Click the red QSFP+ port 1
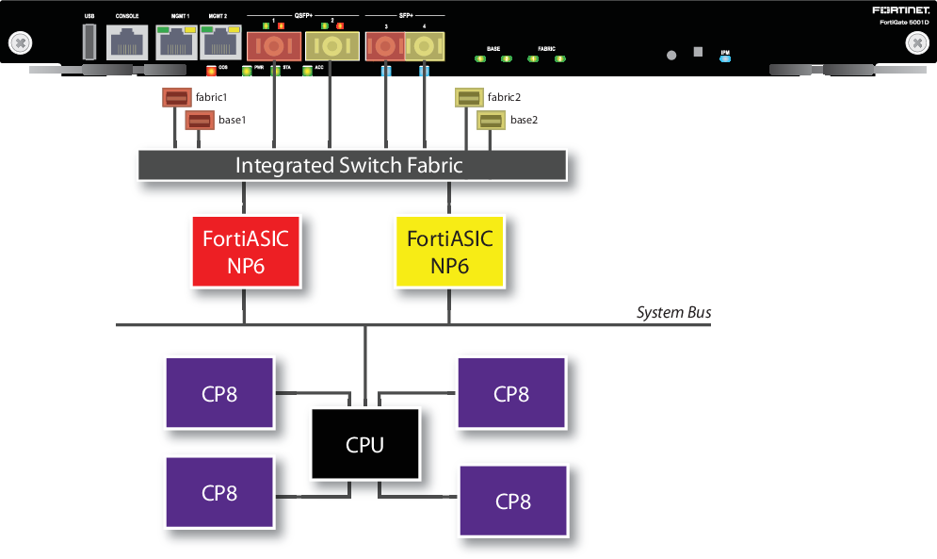[x=273, y=45]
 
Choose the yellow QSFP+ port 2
[x=331, y=45]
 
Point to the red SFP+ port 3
[x=385, y=45]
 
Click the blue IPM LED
[x=724, y=58]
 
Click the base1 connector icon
[x=199, y=120]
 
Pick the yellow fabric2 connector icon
[x=468, y=98]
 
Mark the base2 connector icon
[x=491, y=120]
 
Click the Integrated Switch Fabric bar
[x=351, y=165]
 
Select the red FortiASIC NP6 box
[x=245, y=251]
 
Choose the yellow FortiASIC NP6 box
[x=449, y=251]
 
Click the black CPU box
[x=364, y=444]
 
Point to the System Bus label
[x=673, y=312]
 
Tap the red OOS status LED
[x=211, y=71]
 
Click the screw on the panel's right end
[x=916, y=43]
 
